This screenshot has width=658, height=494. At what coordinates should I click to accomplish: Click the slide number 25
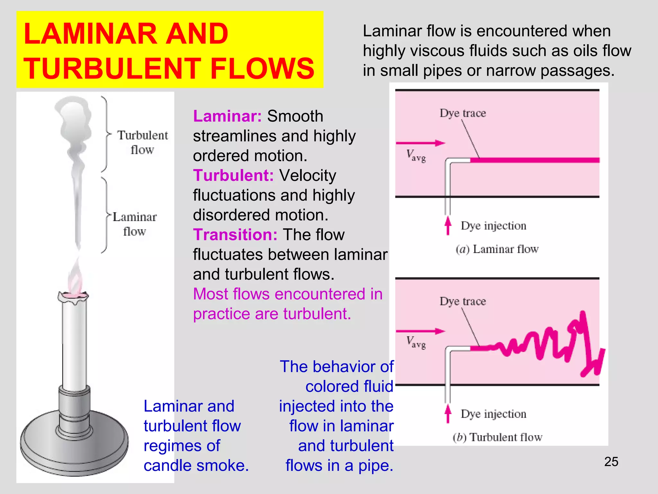tap(611, 462)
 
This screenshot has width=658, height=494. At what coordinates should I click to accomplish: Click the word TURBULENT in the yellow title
tap(112, 69)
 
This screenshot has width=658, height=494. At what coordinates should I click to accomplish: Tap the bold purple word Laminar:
tap(227, 116)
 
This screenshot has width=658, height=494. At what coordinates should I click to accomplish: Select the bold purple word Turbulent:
tap(233, 176)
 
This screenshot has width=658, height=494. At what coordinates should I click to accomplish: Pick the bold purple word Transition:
tap(235, 235)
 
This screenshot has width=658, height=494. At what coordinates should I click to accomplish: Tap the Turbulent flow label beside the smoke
tap(142, 142)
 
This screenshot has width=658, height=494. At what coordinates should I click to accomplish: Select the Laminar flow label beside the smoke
tap(135, 224)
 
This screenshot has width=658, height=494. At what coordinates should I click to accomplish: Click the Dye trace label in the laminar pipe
tap(463, 113)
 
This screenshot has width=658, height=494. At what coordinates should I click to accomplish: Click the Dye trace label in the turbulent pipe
tap(463, 301)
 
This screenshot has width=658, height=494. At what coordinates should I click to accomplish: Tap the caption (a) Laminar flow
tap(497, 249)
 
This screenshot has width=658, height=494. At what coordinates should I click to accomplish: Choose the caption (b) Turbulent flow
tap(497, 437)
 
